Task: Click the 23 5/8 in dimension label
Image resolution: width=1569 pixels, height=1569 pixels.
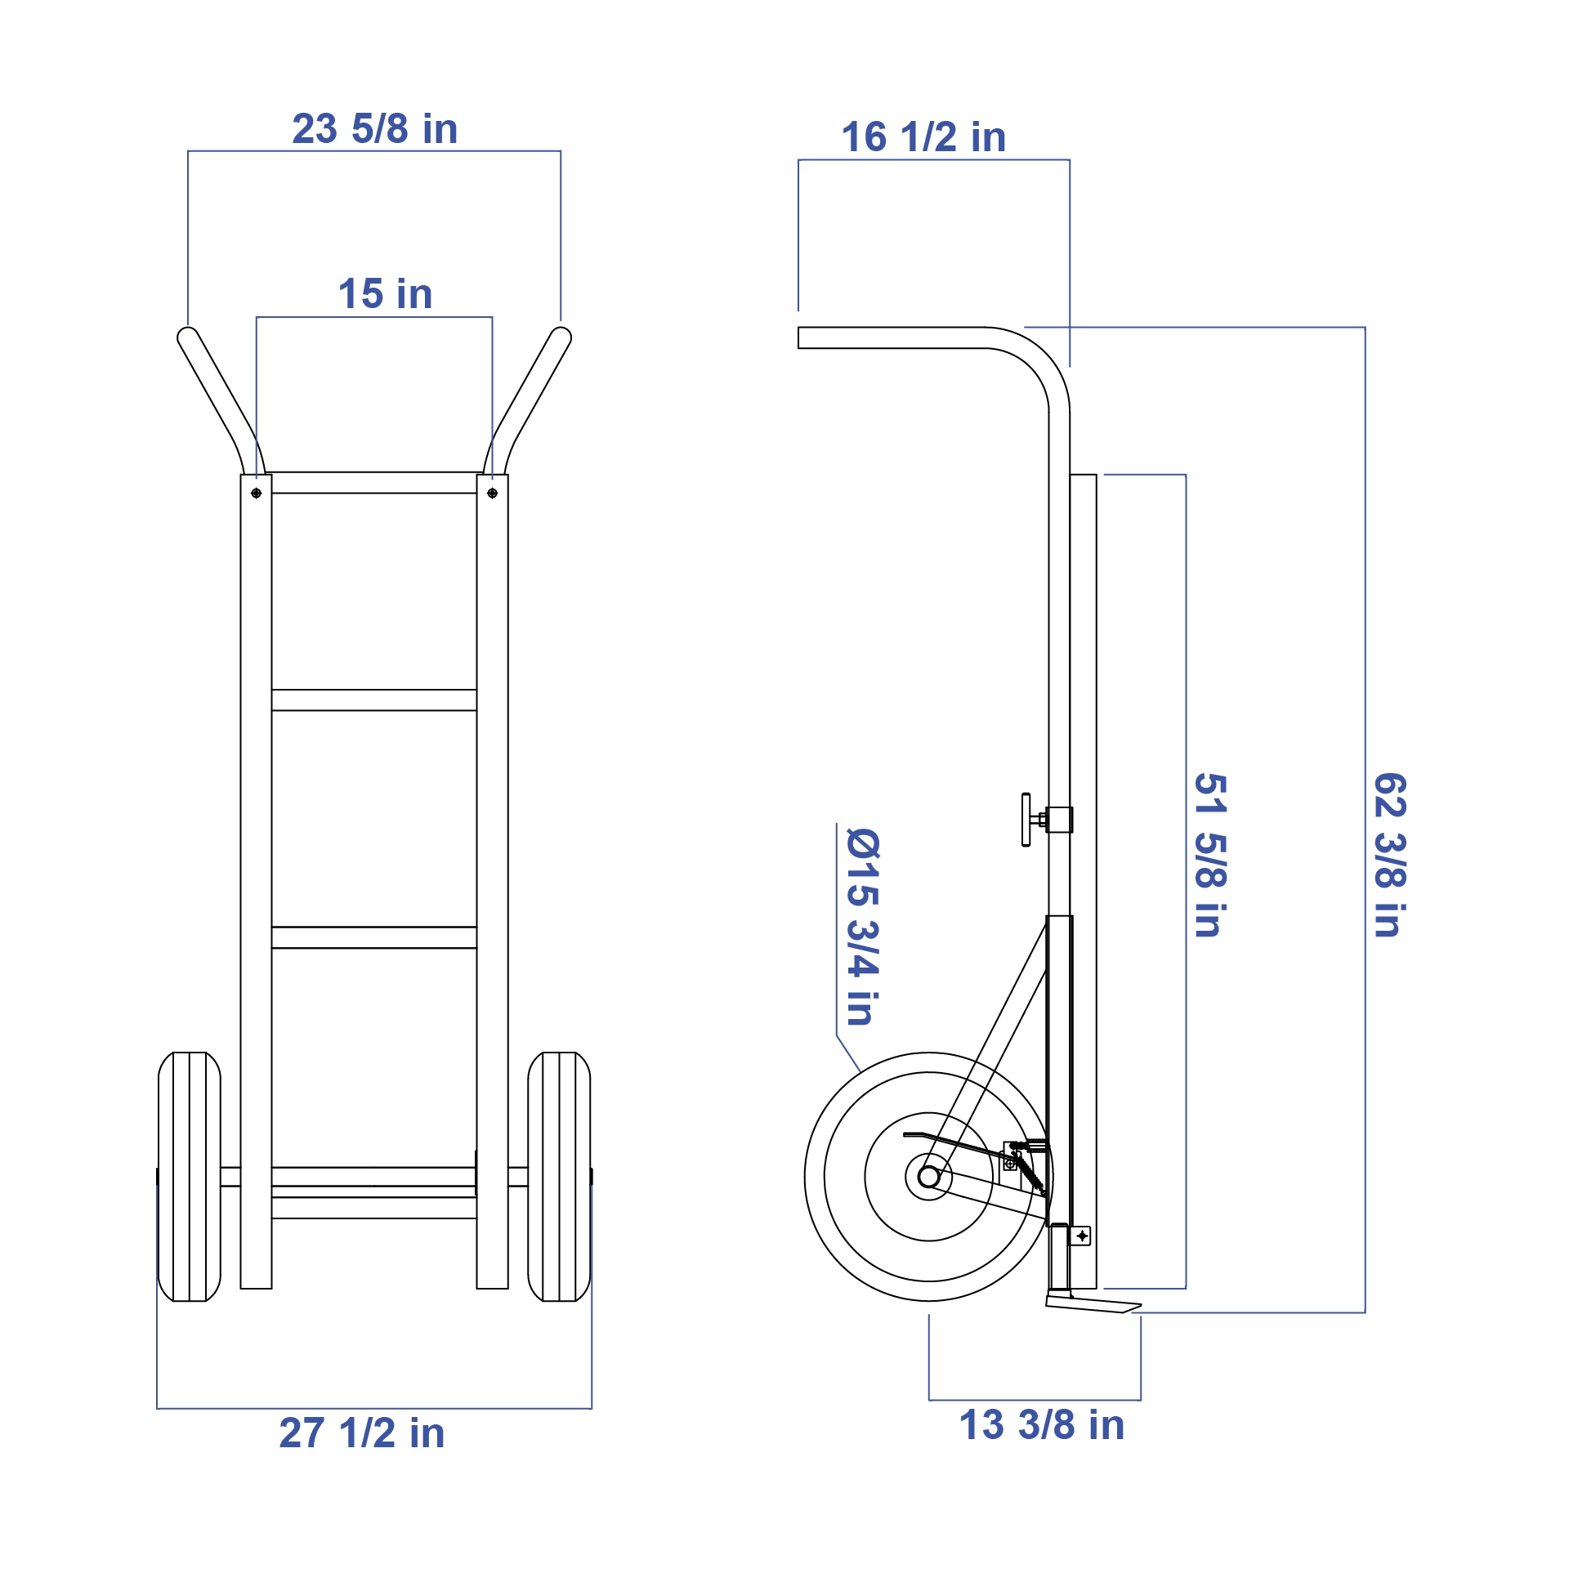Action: (375, 129)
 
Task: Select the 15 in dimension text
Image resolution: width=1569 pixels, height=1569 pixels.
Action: (385, 293)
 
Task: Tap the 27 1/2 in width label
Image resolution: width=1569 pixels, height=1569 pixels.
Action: (362, 1433)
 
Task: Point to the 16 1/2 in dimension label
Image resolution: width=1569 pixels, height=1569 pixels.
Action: (923, 136)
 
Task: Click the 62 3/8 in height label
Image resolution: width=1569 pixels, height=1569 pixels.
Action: (1390, 855)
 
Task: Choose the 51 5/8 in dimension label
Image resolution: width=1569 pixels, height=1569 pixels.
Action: (1210, 855)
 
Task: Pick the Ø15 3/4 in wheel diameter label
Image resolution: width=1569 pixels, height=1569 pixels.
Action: (863, 927)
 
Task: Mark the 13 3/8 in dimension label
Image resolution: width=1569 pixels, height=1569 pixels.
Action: (1042, 1424)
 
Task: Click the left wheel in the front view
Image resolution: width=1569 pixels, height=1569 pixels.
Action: (190, 1177)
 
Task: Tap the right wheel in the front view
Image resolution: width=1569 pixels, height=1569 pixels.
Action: (560, 1177)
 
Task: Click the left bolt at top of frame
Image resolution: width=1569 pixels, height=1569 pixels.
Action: (257, 494)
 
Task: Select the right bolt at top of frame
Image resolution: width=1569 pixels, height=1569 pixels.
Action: (492, 494)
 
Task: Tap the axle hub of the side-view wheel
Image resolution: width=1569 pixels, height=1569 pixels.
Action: (929, 1177)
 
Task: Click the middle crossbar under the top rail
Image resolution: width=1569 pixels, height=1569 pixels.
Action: (374, 700)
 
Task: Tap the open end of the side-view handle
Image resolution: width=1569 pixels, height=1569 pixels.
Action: (799, 337)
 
